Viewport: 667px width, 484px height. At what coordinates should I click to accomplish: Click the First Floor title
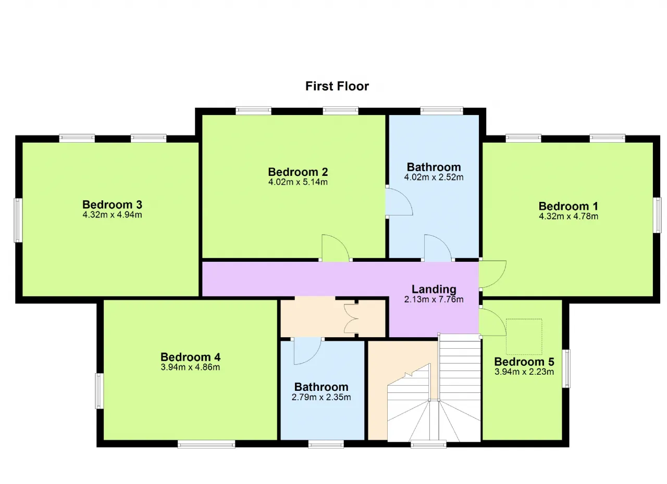[337, 86]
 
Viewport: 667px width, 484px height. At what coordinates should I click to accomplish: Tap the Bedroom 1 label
[568, 206]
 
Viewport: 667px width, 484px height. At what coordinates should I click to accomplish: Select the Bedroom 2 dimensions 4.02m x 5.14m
[298, 182]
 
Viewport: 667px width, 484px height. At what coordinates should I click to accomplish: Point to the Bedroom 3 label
[112, 205]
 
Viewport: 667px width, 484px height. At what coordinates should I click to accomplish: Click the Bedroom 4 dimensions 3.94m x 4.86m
[190, 367]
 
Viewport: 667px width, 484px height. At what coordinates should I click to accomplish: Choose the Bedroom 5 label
[524, 362]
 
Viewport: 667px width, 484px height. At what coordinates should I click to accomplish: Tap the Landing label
[434, 289]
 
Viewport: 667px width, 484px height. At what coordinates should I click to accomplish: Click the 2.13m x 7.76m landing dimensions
[434, 299]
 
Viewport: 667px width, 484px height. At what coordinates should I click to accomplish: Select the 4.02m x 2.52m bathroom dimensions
[434, 177]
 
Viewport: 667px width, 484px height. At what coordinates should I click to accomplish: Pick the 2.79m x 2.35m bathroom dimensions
[322, 397]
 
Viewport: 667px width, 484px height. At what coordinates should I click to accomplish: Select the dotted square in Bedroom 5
[524, 337]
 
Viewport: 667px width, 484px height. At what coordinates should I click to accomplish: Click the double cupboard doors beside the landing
[351, 319]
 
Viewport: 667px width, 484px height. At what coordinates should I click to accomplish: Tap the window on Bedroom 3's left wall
[18, 220]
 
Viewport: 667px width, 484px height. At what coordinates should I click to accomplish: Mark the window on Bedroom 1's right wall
[657, 215]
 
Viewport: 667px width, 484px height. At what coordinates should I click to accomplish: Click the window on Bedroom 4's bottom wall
[206, 444]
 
